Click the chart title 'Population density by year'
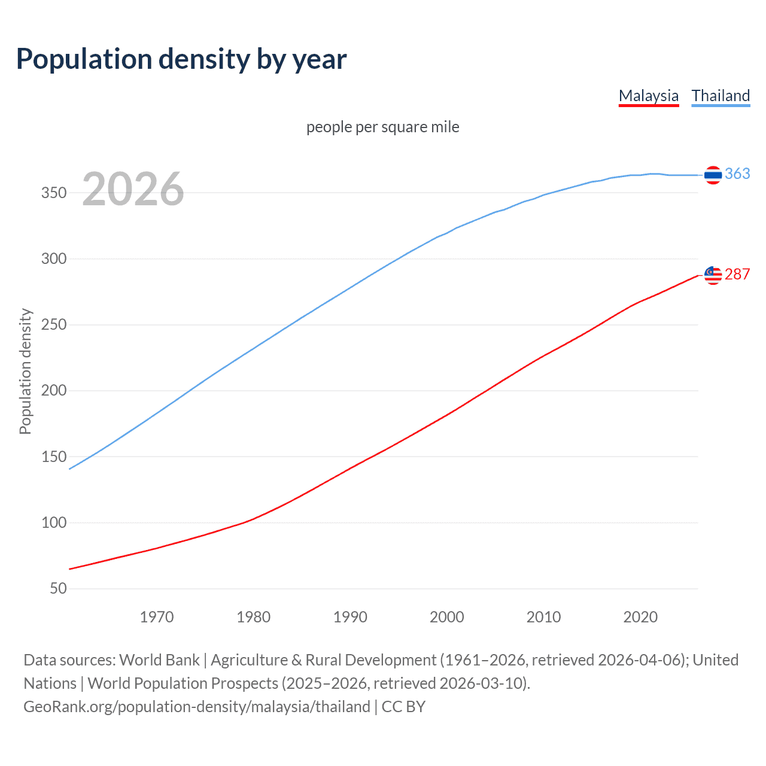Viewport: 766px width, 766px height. (181, 59)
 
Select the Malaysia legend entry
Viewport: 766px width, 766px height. (649, 96)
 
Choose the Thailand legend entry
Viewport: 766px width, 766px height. (721, 96)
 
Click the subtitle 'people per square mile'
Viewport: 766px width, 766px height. (383, 127)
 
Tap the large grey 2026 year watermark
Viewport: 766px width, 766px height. (133, 189)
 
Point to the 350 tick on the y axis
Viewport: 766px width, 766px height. (54, 193)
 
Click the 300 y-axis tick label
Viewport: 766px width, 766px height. (54, 259)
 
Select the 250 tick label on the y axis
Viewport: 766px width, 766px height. (54, 325)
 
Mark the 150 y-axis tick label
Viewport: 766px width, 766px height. (54, 457)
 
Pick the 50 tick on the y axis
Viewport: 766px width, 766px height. (58, 589)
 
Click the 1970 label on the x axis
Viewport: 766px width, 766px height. (157, 617)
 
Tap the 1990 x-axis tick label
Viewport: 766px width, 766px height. (350, 617)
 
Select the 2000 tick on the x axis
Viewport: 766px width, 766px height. (447, 617)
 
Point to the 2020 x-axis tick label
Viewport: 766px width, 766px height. (640, 617)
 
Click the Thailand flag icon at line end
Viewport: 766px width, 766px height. (713, 175)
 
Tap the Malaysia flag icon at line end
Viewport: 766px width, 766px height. (713, 275)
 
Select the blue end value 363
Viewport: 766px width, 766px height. (737, 174)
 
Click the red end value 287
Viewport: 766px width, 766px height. (737, 274)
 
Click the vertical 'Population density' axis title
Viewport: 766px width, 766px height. (25, 371)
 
